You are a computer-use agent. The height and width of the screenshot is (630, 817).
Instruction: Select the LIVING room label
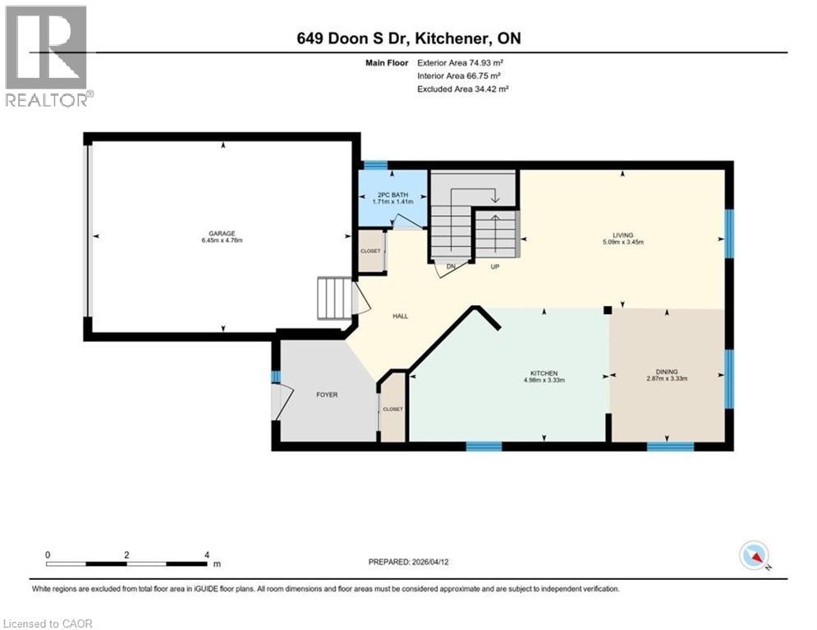[x=622, y=234]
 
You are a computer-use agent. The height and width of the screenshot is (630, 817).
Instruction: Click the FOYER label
[x=326, y=395]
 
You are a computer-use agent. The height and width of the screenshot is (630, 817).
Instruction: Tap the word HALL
[x=400, y=316]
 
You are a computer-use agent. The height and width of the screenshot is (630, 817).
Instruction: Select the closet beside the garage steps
[x=371, y=250]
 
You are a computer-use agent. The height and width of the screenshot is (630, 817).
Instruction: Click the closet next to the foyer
[x=392, y=409]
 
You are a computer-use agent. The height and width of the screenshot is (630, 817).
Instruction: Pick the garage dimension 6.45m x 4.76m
[x=223, y=240]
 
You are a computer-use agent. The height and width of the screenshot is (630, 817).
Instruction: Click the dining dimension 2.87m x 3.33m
[x=666, y=379]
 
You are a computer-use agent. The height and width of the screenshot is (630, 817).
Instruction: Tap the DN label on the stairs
[x=450, y=267]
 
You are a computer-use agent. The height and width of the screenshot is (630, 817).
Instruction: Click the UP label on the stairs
[x=495, y=267]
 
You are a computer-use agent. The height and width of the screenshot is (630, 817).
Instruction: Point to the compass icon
[x=753, y=556]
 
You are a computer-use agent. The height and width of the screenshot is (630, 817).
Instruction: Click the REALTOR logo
[x=48, y=56]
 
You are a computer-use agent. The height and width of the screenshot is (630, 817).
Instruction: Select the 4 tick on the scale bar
[x=207, y=555]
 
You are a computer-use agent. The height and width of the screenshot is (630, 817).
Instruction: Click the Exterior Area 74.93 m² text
[x=462, y=62]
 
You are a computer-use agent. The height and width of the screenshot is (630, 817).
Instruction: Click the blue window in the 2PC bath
[x=375, y=165]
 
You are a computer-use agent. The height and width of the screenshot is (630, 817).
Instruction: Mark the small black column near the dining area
[x=607, y=310]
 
